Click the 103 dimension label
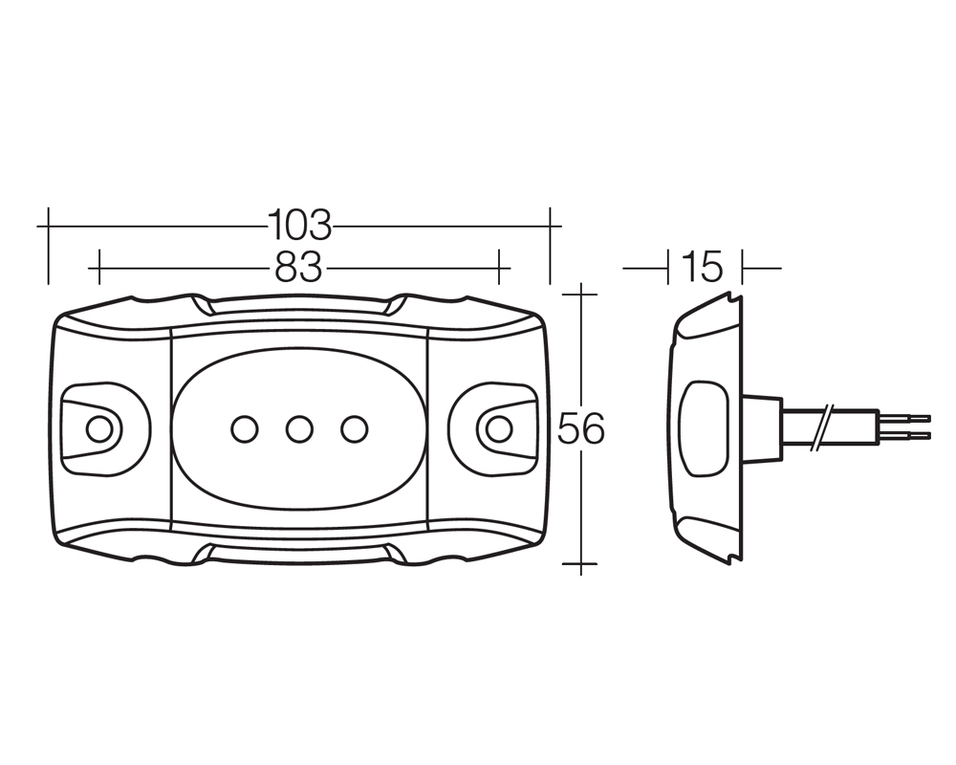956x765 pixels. pyautogui.click(x=299, y=225)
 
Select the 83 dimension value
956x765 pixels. pyautogui.click(x=298, y=267)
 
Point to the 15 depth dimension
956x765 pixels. pyautogui.click(x=703, y=267)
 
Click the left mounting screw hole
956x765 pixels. pyautogui.click(x=99, y=430)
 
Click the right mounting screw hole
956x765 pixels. pyautogui.click(x=499, y=429)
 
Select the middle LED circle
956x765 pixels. pyautogui.click(x=299, y=429)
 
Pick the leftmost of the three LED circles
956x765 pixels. pyautogui.click(x=245, y=429)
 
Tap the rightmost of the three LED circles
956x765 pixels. pyautogui.click(x=355, y=429)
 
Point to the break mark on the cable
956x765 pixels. pyautogui.click(x=820, y=427)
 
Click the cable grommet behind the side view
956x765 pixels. pyautogui.click(x=762, y=428)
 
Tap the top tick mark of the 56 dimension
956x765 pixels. pyautogui.click(x=581, y=294)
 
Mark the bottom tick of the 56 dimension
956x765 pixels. pyautogui.click(x=581, y=563)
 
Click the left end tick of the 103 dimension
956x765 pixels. pyautogui.click(x=48, y=245)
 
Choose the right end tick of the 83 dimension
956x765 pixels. pyautogui.click(x=499, y=267)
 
